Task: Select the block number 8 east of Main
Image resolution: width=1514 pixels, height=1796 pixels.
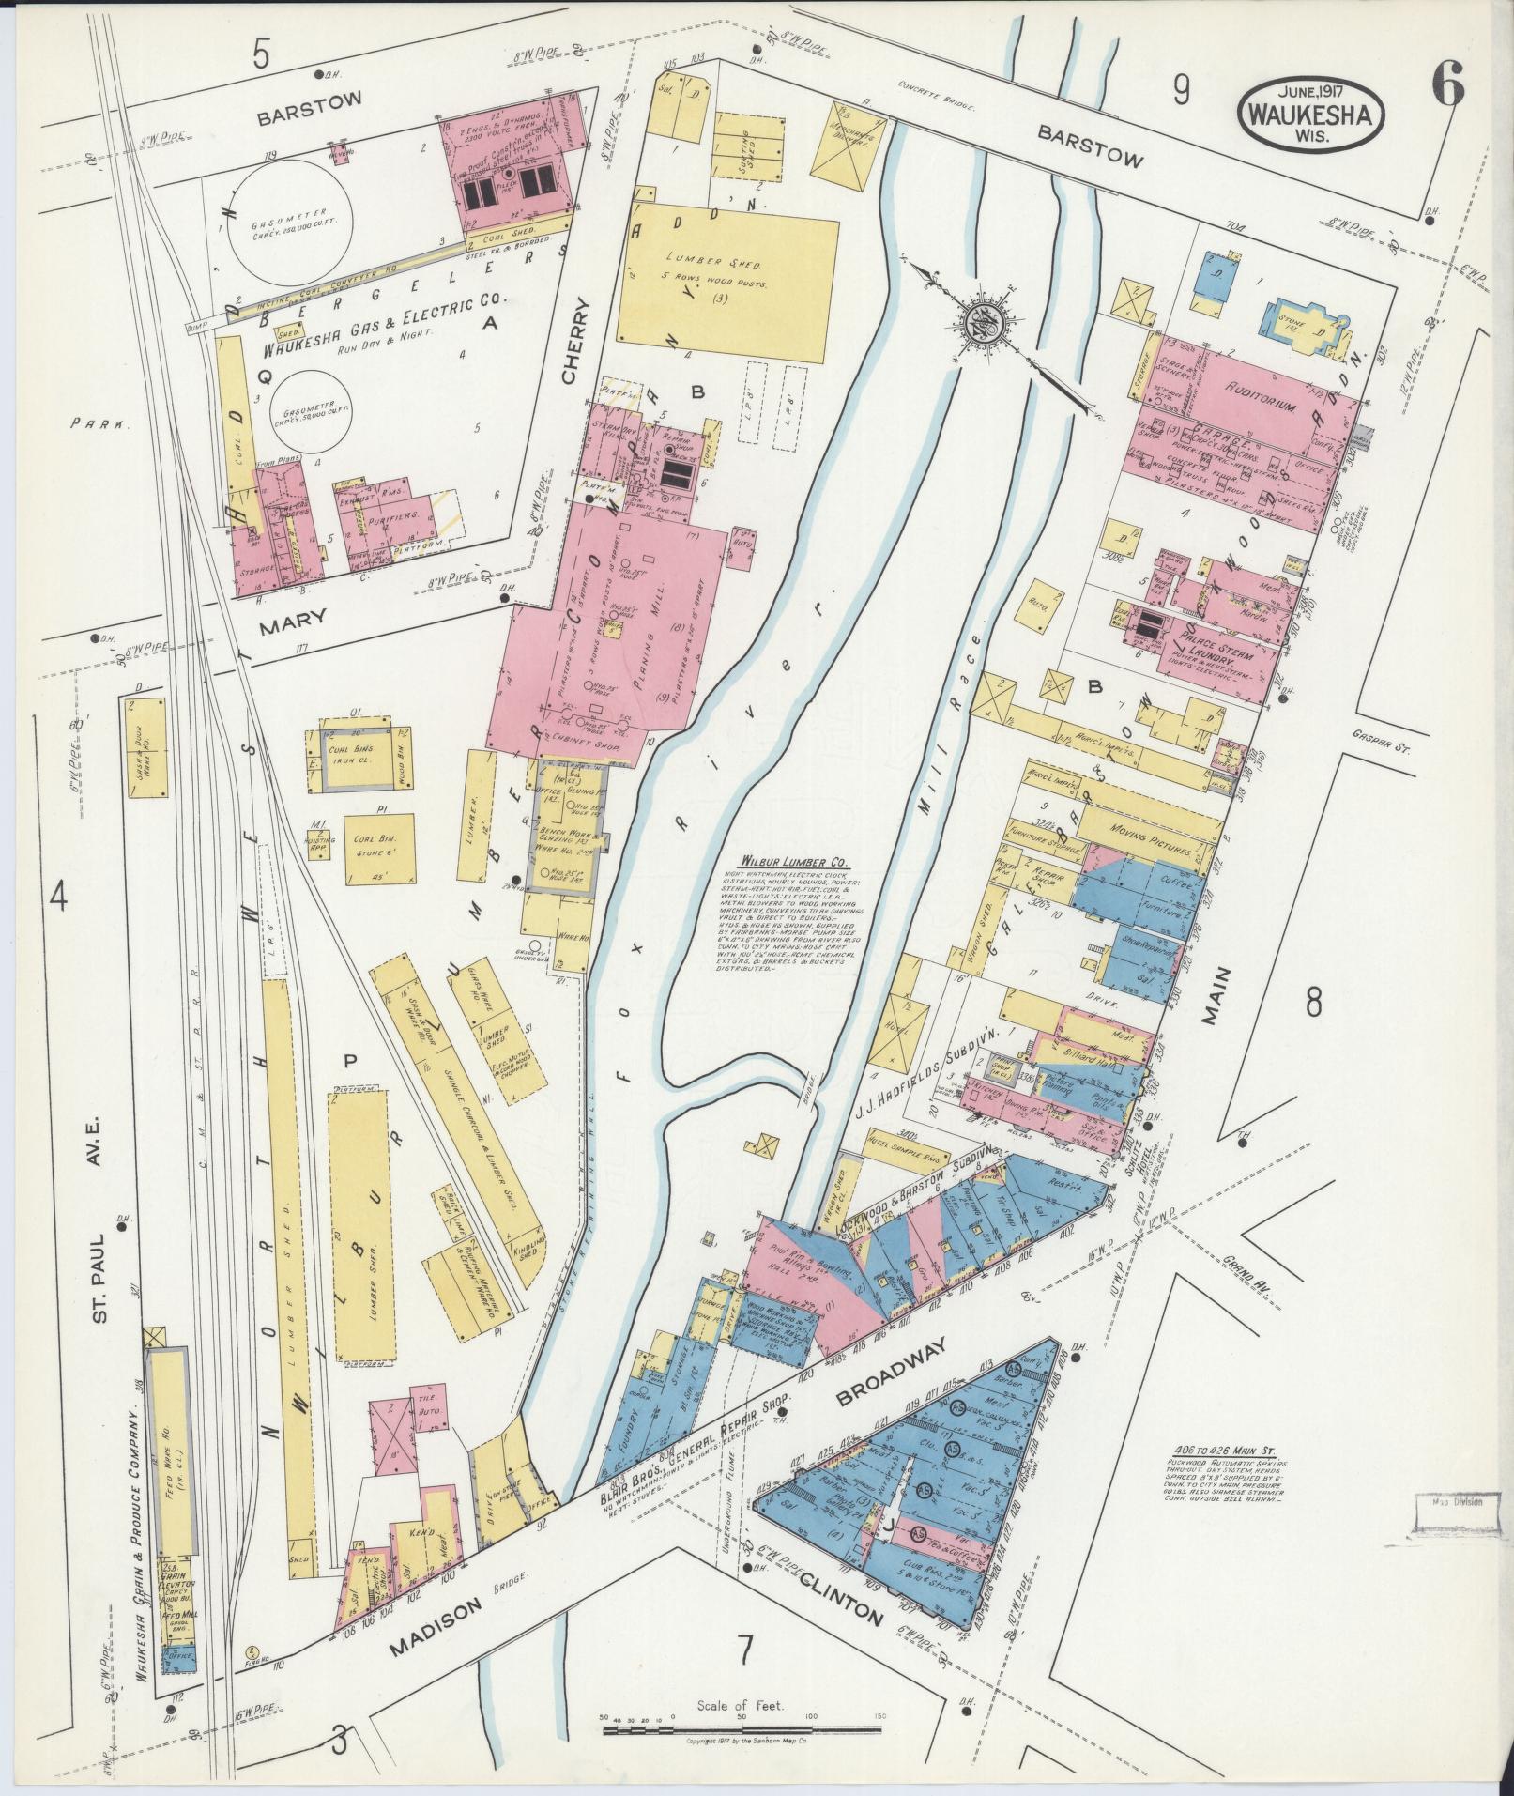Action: coord(1312,1003)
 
